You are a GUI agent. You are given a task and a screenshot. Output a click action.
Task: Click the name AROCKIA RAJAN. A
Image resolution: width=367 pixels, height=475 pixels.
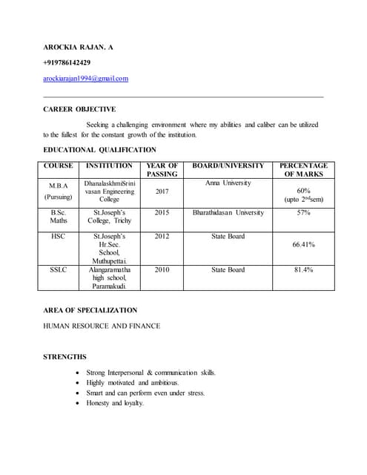(x=78, y=47)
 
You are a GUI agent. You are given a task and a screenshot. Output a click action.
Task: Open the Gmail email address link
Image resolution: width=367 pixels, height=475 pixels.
(x=85, y=78)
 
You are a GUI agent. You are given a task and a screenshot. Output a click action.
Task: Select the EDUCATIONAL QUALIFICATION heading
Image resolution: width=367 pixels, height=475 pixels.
(x=99, y=149)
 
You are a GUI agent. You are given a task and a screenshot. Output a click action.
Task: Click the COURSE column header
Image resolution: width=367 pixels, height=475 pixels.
(x=58, y=166)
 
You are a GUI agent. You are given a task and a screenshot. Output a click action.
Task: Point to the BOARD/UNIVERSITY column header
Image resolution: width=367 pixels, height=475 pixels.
(x=228, y=166)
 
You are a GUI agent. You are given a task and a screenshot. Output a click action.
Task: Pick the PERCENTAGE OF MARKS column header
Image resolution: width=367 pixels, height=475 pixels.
(x=303, y=170)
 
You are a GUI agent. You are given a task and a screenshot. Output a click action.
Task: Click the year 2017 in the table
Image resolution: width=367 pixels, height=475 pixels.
(x=162, y=191)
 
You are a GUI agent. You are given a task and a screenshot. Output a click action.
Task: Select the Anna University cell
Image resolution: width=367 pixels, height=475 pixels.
(x=228, y=183)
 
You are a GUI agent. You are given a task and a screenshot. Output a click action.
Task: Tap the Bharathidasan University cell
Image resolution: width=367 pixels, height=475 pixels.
(x=228, y=212)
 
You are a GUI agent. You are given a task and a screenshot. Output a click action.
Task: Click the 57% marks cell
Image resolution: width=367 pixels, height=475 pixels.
(x=303, y=212)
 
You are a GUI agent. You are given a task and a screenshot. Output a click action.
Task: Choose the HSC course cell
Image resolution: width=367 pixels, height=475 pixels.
(x=58, y=236)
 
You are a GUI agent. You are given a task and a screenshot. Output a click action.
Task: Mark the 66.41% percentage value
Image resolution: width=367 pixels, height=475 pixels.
(x=303, y=243)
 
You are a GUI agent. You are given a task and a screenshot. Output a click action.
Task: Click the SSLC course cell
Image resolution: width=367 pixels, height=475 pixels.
(x=58, y=269)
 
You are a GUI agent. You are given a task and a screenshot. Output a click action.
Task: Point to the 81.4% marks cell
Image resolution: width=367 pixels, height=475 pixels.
(x=303, y=269)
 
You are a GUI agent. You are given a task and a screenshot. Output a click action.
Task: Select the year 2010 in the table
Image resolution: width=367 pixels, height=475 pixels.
(x=162, y=269)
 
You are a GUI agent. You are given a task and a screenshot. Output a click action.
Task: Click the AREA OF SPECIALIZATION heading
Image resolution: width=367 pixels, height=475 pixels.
(x=90, y=309)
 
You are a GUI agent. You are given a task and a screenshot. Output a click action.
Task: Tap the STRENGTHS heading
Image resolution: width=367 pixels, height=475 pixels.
(x=65, y=357)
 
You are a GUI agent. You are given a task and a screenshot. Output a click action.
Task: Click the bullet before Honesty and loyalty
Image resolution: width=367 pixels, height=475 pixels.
(x=79, y=403)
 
